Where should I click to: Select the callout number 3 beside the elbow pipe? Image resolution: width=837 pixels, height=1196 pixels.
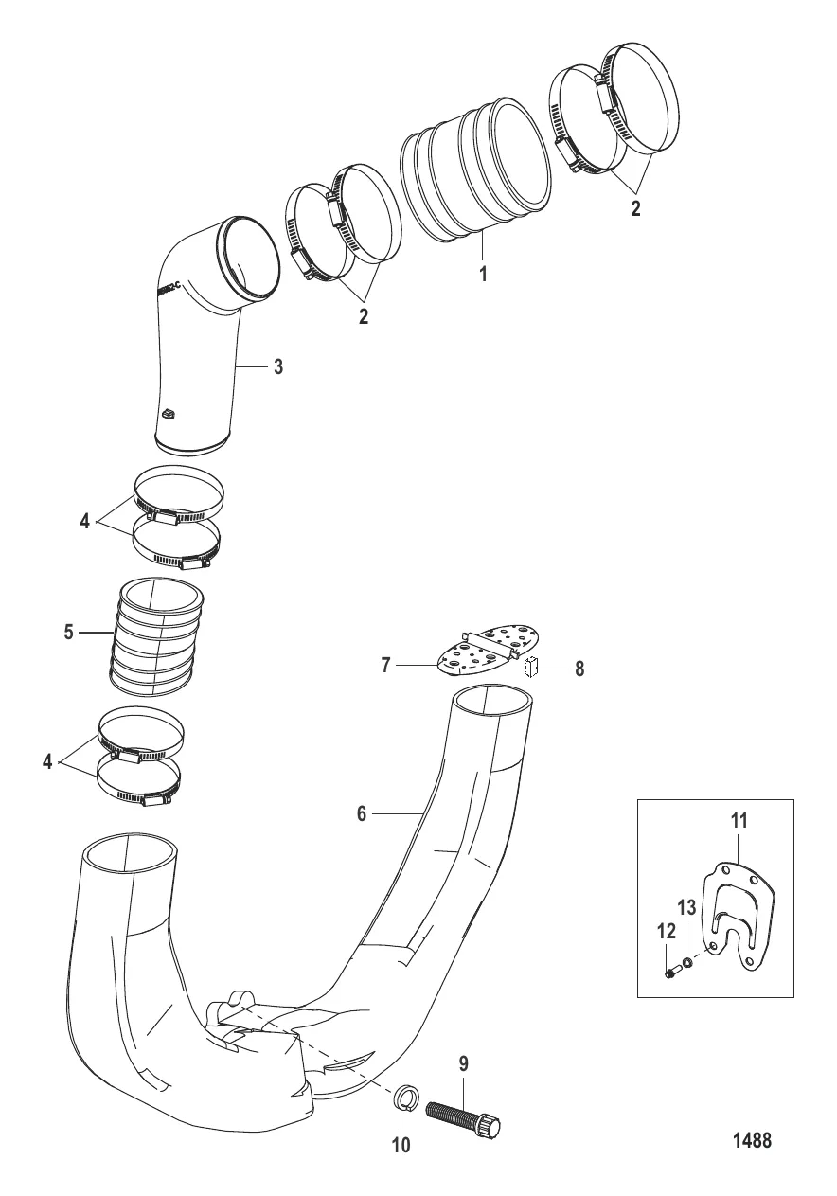coord(277,367)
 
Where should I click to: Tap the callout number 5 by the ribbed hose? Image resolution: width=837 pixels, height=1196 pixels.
coord(69,632)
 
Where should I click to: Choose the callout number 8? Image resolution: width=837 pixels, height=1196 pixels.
coord(579,669)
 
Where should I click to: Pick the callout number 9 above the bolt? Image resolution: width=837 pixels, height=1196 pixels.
coord(463,1064)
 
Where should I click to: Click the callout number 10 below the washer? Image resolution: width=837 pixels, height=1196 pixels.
coord(401,1145)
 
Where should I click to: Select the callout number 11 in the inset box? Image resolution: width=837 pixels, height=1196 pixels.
coord(739,821)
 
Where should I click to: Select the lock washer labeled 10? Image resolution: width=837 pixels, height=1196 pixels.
coord(404,1100)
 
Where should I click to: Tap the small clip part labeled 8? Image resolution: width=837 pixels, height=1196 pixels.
coord(530,668)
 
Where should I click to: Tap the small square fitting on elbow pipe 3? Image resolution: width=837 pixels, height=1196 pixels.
coord(168,413)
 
